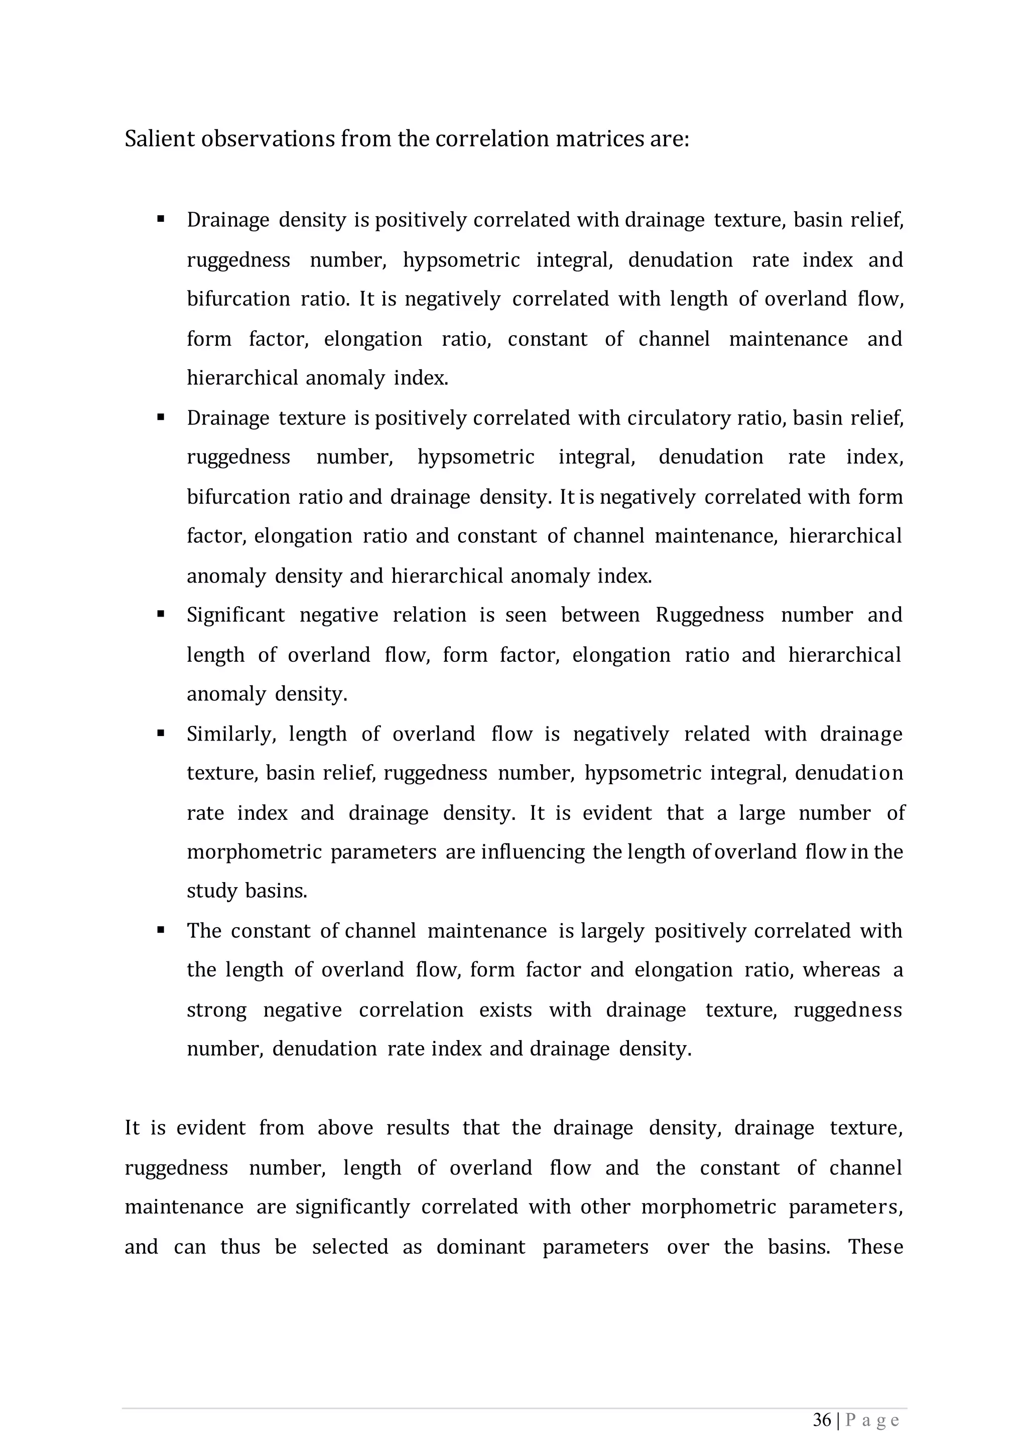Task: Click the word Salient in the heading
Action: pos(160,138)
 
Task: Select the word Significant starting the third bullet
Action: pos(235,615)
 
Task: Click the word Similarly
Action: pos(231,734)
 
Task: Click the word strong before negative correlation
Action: pos(216,1010)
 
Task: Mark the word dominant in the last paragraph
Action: pos(480,1247)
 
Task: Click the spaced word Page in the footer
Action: pos(872,1421)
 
